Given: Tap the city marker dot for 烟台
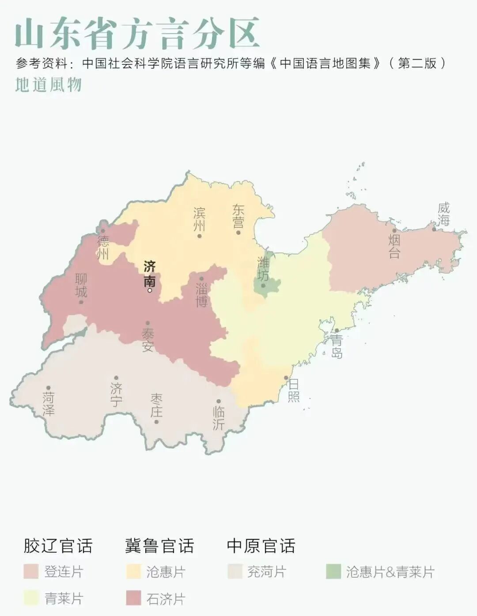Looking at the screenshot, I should [x=394, y=230].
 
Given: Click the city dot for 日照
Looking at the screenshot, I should [x=286, y=378].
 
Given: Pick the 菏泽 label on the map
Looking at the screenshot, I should [x=49, y=404].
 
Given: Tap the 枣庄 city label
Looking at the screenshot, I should [x=156, y=405].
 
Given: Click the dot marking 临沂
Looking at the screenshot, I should [x=219, y=401].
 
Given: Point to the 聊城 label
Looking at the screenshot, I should [x=81, y=285].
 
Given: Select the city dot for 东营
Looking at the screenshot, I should [x=238, y=232].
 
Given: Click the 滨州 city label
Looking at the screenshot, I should [x=199, y=219].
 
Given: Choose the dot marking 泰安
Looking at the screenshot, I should [x=148, y=323].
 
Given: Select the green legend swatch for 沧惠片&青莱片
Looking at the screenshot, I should [x=333, y=571].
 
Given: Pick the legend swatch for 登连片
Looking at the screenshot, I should [x=31, y=571].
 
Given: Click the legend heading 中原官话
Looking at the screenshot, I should [x=261, y=546].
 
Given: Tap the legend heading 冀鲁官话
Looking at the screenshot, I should [x=159, y=546].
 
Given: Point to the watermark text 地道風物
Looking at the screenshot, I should [x=49, y=84].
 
